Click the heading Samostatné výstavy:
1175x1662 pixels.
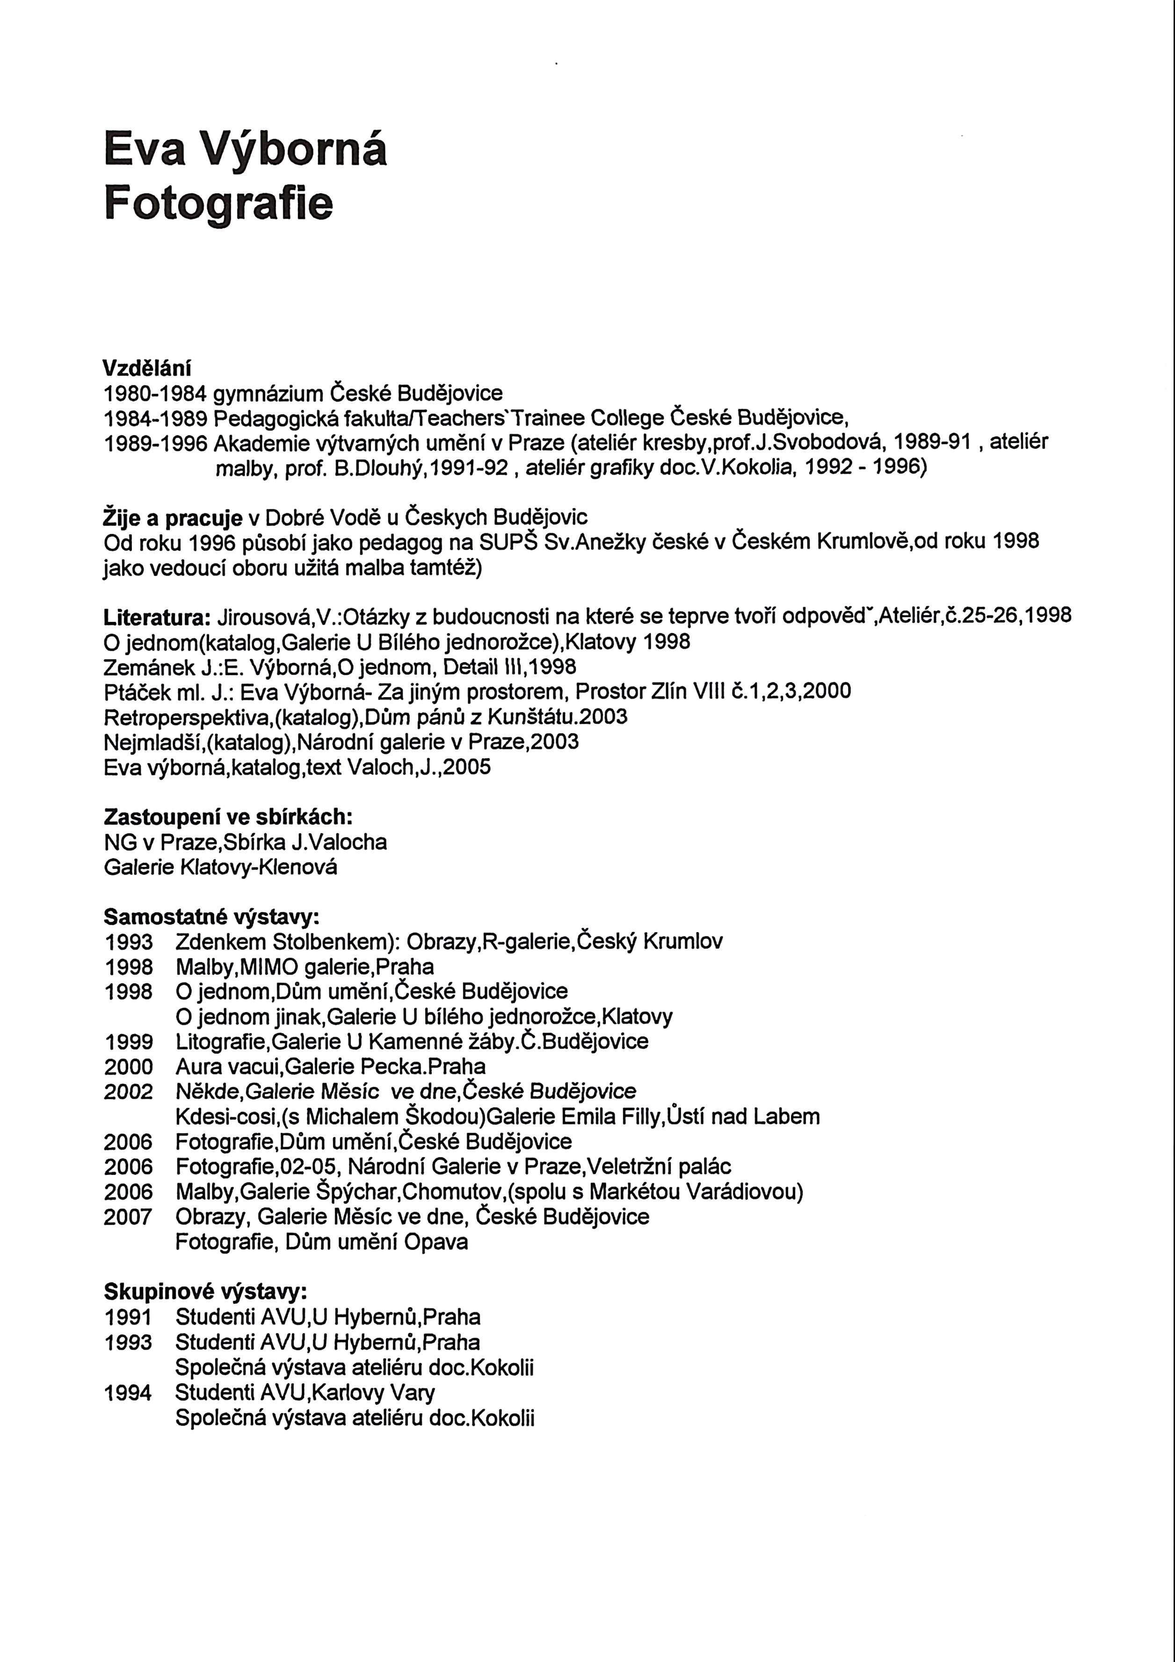(211, 917)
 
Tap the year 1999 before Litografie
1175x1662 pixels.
(128, 1042)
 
